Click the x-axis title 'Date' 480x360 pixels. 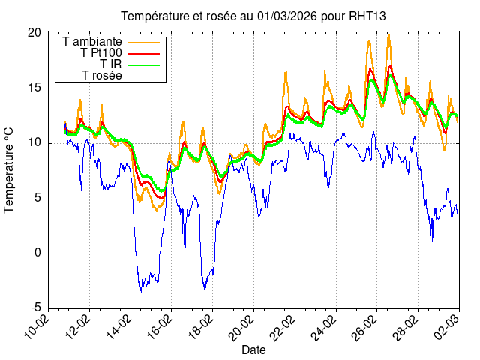[x=253, y=349]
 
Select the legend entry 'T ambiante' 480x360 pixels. [x=93, y=42]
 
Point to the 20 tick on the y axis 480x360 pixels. [x=34, y=33]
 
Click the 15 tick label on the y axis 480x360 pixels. [x=34, y=88]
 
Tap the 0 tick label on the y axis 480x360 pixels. [x=37, y=253]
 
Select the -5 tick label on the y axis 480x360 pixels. [x=35, y=308]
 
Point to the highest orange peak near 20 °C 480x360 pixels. [x=388, y=34]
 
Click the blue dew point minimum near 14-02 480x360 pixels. [x=140, y=290]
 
